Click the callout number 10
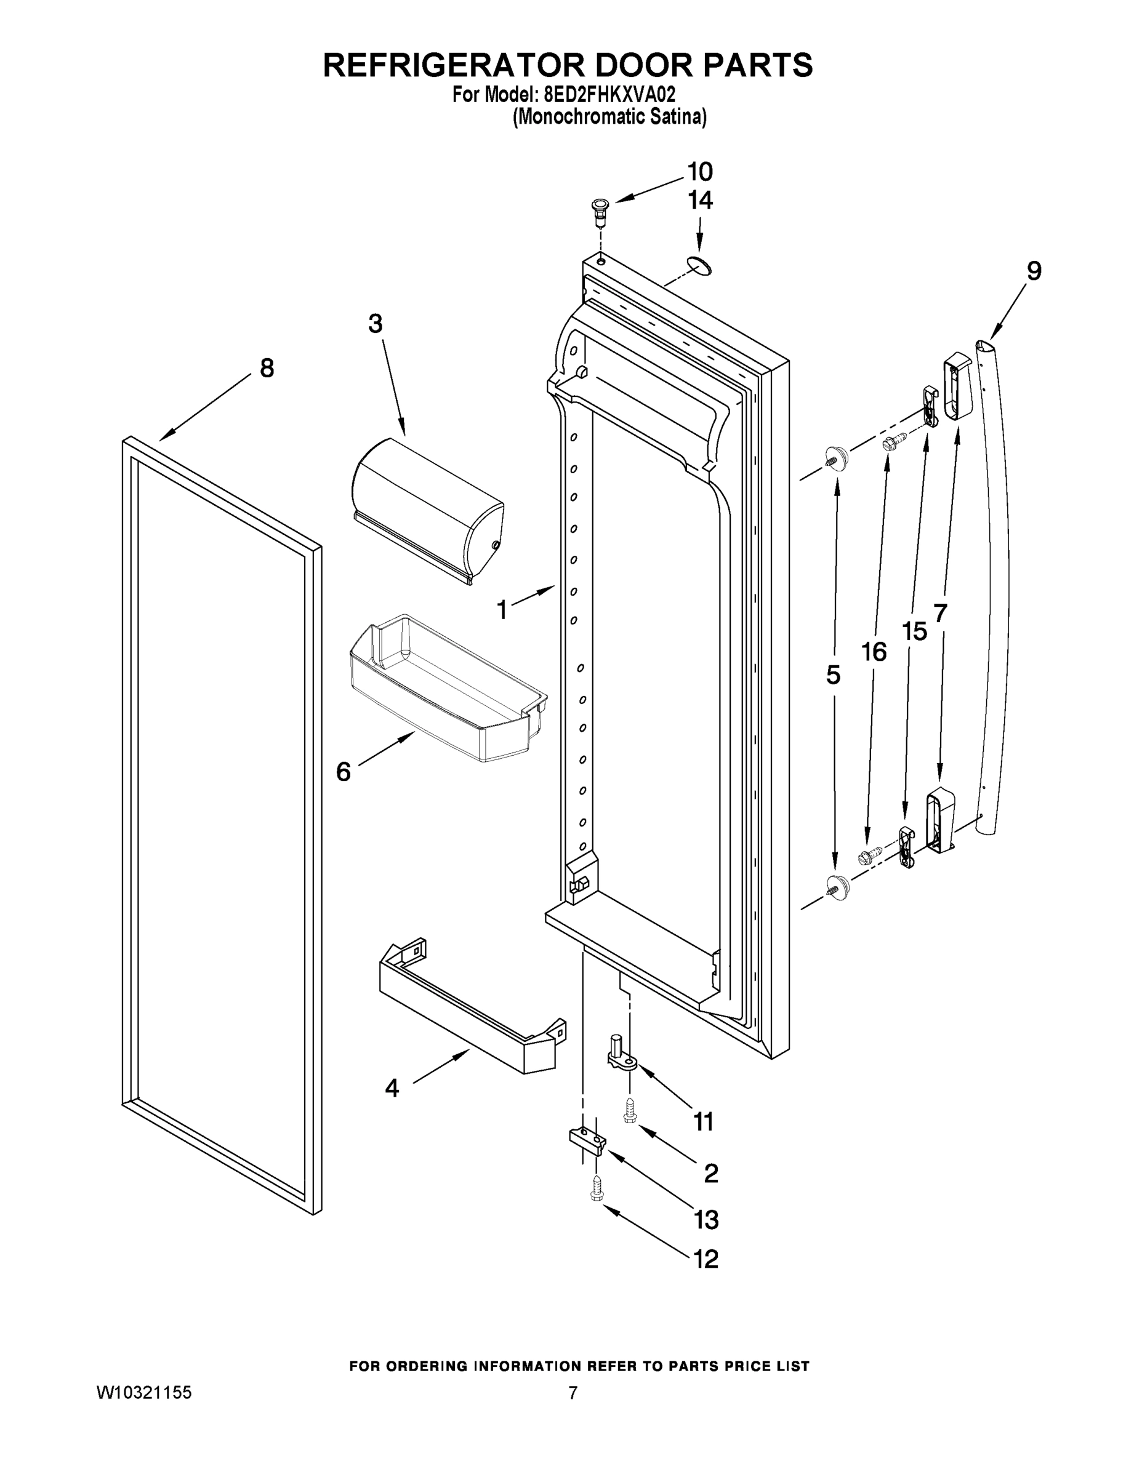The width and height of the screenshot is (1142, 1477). pyautogui.click(x=700, y=172)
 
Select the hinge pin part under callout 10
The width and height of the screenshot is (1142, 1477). pyautogui.click(x=600, y=212)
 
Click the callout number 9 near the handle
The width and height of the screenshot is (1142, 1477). pyautogui.click(x=1034, y=271)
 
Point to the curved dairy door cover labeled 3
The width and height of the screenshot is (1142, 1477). pyautogui.click(x=428, y=509)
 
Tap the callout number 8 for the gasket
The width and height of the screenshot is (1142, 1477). pyautogui.click(x=267, y=369)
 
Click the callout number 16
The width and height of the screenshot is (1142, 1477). pyautogui.click(x=874, y=652)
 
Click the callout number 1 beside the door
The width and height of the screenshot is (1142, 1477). pyautogui.click(x=502, y=610)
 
